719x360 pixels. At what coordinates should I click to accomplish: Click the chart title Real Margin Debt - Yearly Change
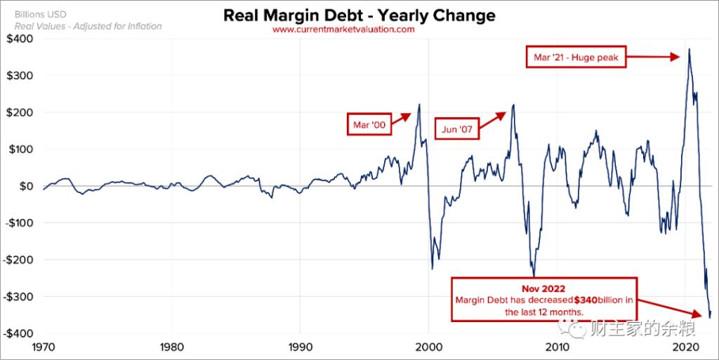(x=359, y=15)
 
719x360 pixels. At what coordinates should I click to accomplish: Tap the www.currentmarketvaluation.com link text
(x=343, y=30)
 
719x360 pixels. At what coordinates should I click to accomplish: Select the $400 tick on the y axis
(x=18, y=39)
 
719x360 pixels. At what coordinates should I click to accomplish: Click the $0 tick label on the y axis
(x=24, y=186)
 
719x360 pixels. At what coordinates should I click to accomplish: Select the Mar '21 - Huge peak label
(x=576, y=58)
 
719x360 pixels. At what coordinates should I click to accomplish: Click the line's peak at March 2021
(x=690, y=49)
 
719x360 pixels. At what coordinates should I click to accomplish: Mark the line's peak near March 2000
(x=419, y=105)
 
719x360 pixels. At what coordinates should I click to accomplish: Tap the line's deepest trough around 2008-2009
(x=534, y=276)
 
